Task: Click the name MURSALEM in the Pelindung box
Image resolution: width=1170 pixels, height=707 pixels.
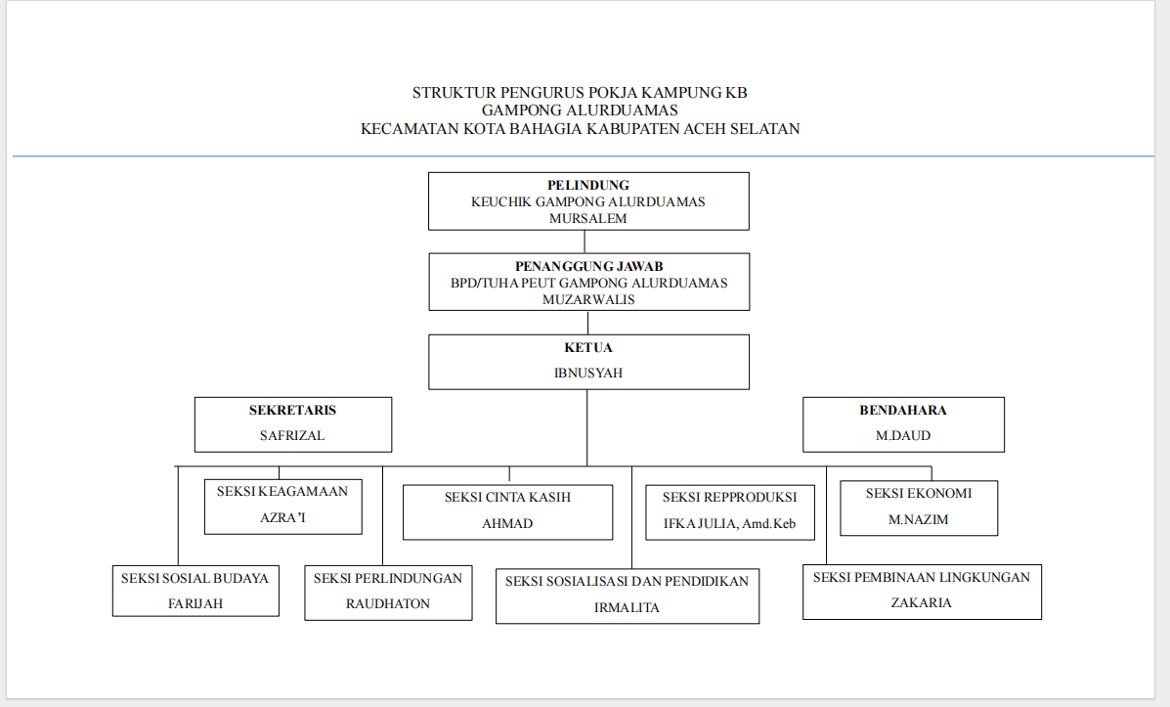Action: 587,218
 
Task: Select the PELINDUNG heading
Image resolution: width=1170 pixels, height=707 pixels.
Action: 587,185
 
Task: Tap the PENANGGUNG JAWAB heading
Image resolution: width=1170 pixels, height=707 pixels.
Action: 588,266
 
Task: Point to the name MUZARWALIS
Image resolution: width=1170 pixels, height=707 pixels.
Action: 588,299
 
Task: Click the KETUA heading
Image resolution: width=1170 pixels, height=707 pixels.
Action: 588,347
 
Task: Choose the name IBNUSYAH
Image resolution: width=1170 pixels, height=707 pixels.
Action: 588,373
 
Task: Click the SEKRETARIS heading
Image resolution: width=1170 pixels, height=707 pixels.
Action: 292,410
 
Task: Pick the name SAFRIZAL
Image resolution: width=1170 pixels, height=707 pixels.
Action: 292,435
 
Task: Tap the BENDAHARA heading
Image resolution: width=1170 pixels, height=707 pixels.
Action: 903,410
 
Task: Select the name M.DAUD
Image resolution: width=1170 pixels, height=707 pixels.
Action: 903,435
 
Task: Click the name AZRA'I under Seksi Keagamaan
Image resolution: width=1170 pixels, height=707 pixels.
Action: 282,517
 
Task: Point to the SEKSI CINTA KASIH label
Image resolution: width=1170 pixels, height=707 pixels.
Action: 507,497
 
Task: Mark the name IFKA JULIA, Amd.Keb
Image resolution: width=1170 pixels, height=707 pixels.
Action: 729,523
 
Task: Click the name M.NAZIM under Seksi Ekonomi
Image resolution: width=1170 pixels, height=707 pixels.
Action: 918,519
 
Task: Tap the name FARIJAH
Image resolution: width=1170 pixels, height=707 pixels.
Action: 195,603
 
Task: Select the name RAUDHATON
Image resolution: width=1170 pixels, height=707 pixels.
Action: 387,603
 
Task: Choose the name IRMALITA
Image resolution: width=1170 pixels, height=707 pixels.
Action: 627,607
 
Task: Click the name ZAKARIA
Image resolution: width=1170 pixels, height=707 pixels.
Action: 921,602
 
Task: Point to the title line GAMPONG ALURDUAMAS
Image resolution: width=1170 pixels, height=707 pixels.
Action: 580,110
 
